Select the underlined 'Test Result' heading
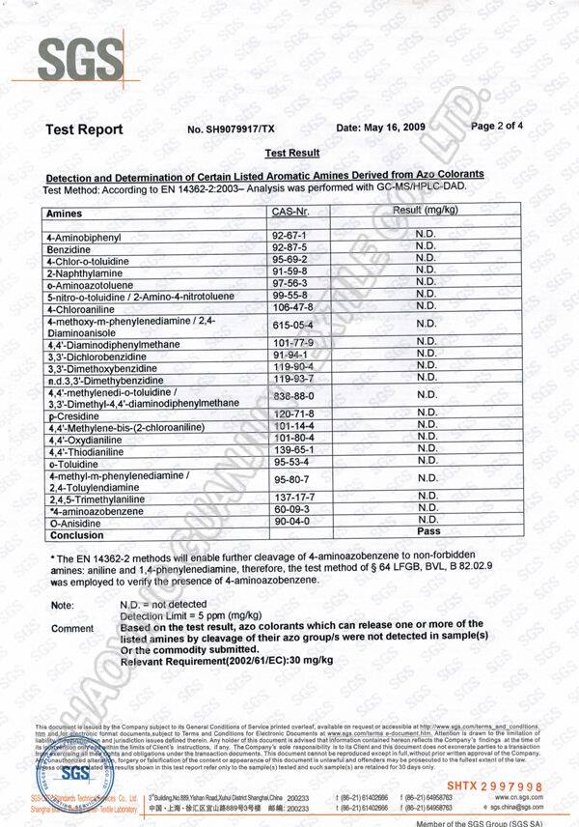pyautogui.click(x=291, y=153)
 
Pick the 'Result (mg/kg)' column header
pyautogui.click(x=426, y=210)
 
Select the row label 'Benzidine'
pyautogui.click(x=68, y=248)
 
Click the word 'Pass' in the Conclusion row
pyautogui.click(x=427, y=532)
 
